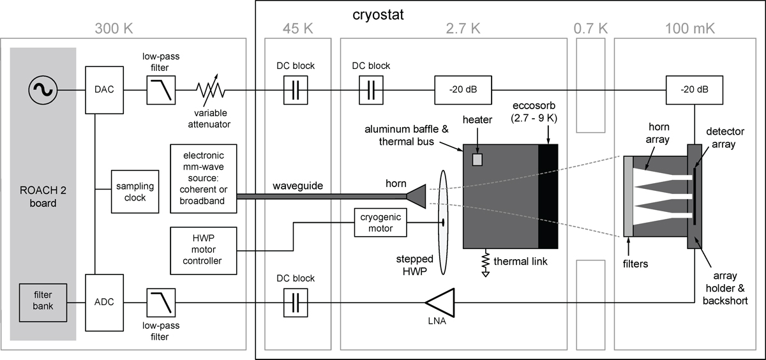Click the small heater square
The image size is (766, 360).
477,159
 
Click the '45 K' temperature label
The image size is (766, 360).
294,28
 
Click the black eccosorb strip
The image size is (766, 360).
548,196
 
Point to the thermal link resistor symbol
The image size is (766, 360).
487,262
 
